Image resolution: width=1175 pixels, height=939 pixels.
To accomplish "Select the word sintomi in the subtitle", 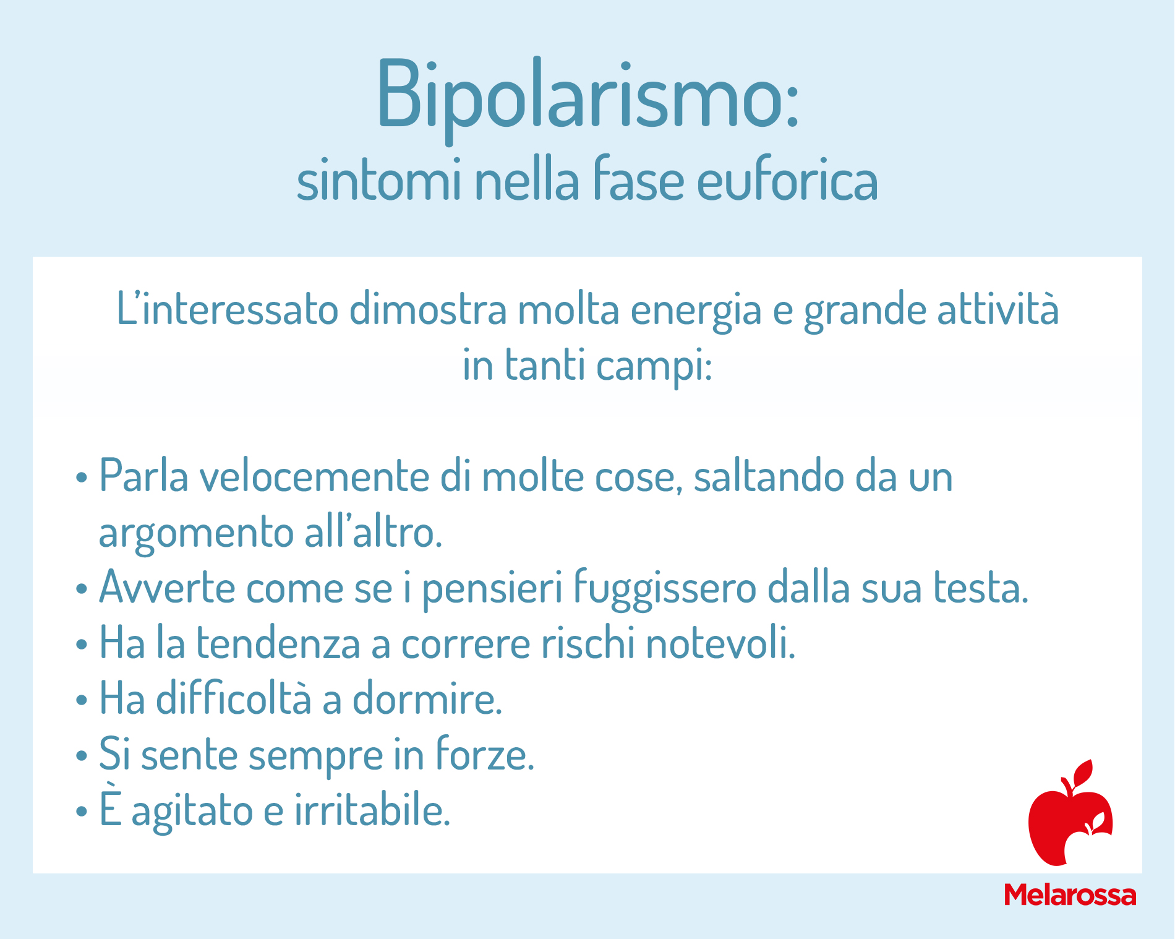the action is [379, 181].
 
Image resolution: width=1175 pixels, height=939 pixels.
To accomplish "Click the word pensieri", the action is [492, 589].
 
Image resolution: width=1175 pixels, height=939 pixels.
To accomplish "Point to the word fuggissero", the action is [665, 589].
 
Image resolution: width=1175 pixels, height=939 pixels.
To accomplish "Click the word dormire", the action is [427, 699].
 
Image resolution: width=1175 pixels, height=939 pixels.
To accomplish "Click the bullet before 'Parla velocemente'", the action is [82, 478].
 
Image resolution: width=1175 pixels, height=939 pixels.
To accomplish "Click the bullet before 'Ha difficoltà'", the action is [82, 700].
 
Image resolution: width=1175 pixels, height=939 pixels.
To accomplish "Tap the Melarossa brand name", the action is [1070, 895].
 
